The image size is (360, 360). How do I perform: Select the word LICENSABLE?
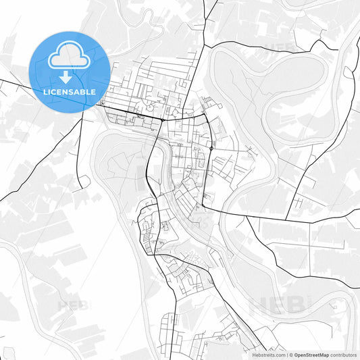pyautogui.click(x=70, y=91)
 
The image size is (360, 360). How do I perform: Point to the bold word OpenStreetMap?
pyautogui.click(x=311, y=355)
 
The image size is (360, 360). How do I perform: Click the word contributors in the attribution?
pyautogui.click(x=343, y=355)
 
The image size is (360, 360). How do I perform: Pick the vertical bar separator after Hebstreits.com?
pyautogui.click(x=286, y=355)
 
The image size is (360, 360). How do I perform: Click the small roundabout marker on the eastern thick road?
pyautogui.click(x=211, y=148)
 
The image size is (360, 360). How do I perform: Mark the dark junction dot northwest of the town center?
pyautogui.click(x=163, y=120)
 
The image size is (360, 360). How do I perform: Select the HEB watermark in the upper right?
pyautogui.click(x=280, y=47)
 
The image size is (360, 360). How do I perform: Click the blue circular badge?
pyautogui.click(x=70, y=71)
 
